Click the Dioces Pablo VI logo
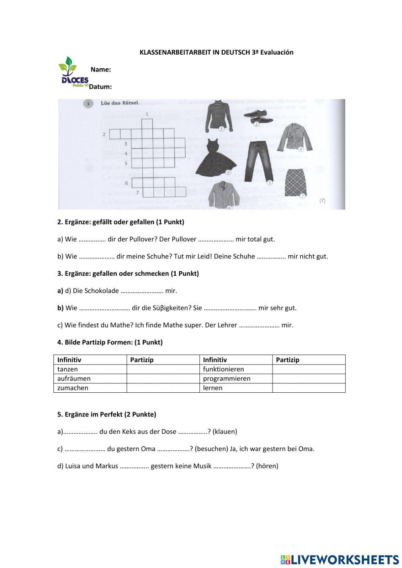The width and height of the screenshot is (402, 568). tap(73, 72)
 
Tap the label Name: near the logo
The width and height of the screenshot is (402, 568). tap(100, 70)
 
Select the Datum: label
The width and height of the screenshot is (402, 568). tap(100, 86)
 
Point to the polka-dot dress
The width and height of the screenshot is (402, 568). tap(219, 157)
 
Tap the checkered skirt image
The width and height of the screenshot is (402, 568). tap(296, 182)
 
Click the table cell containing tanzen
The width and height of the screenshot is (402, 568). tap(90, 369)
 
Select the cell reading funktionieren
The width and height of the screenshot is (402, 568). tap(236, 369)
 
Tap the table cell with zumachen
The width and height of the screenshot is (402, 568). tap(90, 388)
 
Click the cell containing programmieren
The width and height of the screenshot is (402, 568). tap(236, 379)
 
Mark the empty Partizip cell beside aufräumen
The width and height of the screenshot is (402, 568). tap(163, 379)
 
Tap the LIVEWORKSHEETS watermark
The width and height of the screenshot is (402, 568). tap(340, 559)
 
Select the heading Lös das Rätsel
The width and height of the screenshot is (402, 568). tap(120, 103)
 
